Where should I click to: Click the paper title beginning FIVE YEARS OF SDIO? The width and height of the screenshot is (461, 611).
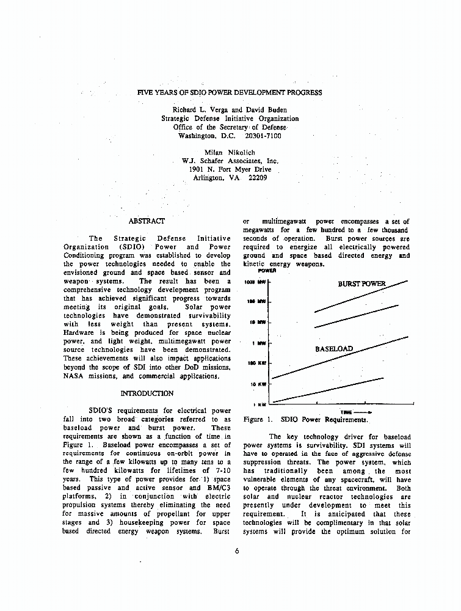(x=230, y=93)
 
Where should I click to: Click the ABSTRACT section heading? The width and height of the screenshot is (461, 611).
(x=147, y=221)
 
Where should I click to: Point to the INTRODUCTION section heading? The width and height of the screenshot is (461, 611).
(x=147, y=393)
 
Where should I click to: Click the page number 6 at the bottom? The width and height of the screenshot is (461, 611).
(x=236, y=551)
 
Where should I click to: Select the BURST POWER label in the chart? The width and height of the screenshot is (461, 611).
(x=362, y=284)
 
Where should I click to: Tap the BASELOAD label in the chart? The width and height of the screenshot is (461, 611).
(x=333, y=349)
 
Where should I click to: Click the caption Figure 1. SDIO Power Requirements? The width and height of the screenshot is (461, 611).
(x=305, y=420)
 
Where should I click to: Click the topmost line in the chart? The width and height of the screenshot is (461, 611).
(x=360, y=296)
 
